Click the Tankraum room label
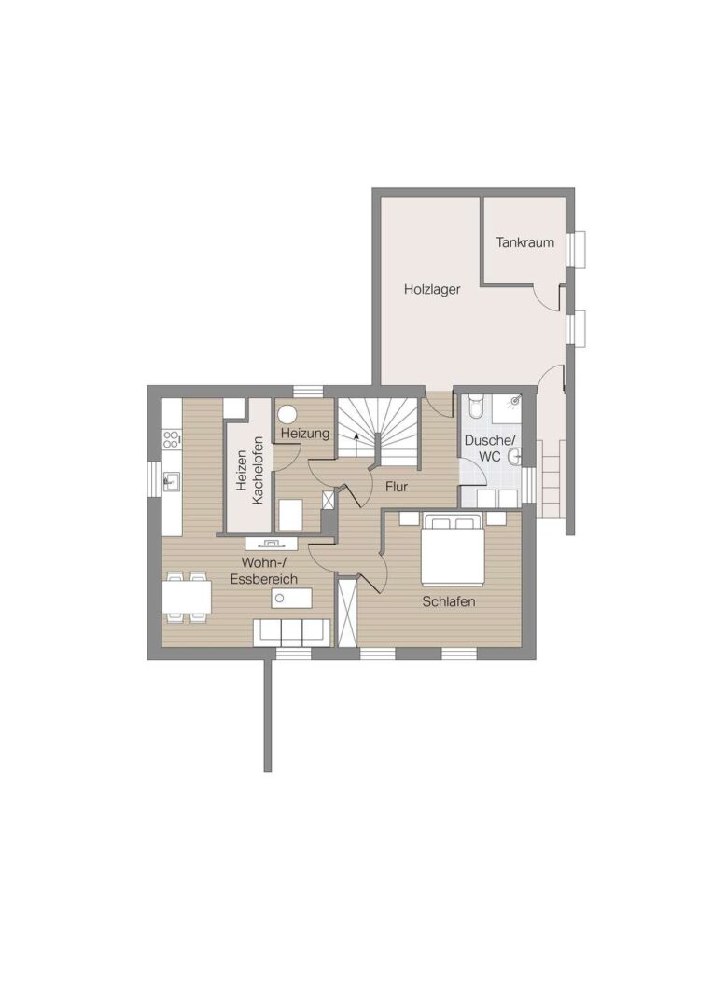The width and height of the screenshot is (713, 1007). coord(524,242)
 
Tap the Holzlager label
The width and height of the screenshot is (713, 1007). coord(432,290)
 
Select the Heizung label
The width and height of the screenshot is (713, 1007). coord(305,434)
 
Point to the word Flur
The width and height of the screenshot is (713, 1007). coord(397,487)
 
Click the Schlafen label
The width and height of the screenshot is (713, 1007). coord(449,601)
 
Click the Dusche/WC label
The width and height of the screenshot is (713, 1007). coord(490,448)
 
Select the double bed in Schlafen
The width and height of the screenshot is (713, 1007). coord(453,549)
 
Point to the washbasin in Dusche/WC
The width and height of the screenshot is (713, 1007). coord(513,457)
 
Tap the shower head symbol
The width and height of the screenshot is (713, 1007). coord(513,402)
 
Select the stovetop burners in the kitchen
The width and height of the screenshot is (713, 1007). coord(171,440)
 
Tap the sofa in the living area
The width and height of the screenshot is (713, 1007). coord(292,632)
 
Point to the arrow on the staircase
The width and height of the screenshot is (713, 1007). coord(356,443)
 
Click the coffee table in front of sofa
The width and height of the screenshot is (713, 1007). coord(291,599)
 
